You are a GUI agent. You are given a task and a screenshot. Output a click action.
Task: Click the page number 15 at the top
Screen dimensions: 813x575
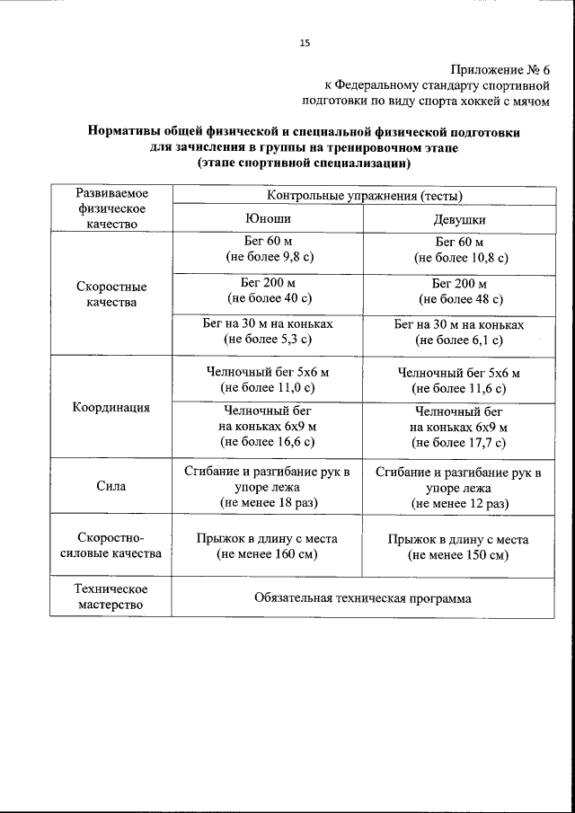pos(305,42)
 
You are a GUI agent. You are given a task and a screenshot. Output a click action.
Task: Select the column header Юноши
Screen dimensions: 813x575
pos(268,218)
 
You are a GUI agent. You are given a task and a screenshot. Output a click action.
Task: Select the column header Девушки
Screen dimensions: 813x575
pos(459,220)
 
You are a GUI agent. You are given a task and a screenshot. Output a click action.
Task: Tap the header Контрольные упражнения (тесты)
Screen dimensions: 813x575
pos(364,195)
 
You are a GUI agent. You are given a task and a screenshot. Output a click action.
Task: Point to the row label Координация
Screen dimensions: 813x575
pos(111,406)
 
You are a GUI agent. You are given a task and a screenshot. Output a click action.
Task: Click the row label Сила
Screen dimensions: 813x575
pos(111,486)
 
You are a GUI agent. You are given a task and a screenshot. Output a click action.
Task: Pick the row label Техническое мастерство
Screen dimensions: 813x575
pos(111,596)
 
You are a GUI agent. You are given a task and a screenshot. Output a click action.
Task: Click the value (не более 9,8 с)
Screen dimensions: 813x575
pos(268,257)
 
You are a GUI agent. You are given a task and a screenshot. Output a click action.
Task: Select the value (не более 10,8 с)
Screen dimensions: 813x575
pos(460,258)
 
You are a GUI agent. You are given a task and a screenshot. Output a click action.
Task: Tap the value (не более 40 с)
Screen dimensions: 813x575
pos(269,297)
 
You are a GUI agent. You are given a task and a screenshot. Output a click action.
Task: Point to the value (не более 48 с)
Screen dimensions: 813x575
pos(460,298)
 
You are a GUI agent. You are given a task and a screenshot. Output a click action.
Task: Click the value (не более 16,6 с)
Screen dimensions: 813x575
pos(268,441)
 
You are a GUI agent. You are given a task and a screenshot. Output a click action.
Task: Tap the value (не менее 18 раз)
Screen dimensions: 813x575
pos(268,502)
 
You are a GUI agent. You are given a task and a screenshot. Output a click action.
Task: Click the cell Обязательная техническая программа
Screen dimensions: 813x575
pos(363,597)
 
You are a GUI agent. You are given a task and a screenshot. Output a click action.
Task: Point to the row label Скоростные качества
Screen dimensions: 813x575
pos(111,295)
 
